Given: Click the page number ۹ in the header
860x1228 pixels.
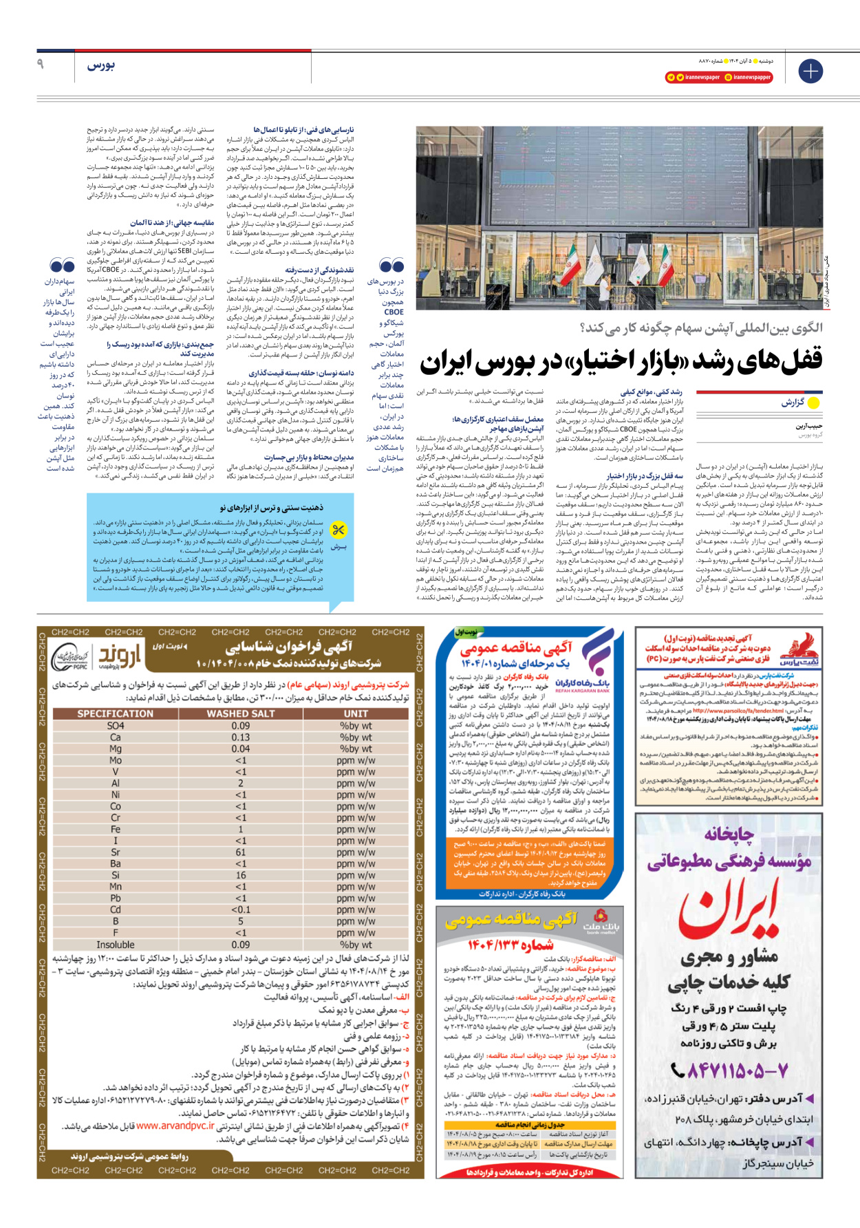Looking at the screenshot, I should click(41, 64).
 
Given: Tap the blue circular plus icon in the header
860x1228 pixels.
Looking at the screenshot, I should click(810, 71).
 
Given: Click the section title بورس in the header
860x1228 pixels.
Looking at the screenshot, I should click(100, 65).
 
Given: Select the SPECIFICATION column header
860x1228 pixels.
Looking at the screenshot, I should click(116, 714).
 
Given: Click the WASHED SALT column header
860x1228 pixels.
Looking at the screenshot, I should click(241, 714).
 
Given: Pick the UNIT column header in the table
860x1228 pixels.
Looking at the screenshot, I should click(356, 714).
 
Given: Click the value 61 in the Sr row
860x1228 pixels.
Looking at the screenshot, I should click(241, 852).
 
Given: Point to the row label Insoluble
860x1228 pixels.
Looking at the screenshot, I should click(116, 945).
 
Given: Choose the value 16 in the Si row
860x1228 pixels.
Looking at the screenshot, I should click(241, 875).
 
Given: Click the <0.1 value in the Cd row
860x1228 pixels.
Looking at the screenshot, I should click(241, 909).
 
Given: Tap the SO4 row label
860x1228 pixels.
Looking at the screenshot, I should click(116, 726).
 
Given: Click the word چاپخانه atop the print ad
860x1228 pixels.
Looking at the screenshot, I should click(729, 834).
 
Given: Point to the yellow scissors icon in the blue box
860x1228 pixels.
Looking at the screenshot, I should click(338, 530).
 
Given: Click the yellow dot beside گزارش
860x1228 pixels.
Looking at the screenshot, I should click(814, 402).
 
